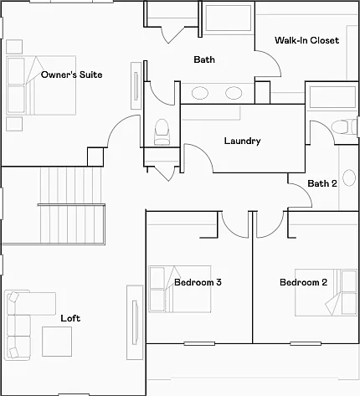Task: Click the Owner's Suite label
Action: [x=71, y=75]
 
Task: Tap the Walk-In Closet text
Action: [x=306, y=40]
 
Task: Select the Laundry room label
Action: [x=242, y=141]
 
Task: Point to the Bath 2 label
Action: [x=322, y=183]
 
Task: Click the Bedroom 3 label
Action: [x=198, y=282]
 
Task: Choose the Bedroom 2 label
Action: [x=303, y=282]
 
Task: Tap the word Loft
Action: [x=70, y=318]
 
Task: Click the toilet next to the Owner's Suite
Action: [x=162, y=132]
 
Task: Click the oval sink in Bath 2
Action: [x=349, y=177]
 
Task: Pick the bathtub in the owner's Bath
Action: [x=228, y=18]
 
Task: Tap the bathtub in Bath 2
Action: [x=332, y=97]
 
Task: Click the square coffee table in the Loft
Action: [x=57, y=342]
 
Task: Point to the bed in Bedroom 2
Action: [x=326, y=292]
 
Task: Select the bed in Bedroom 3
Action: [x=180, y=289]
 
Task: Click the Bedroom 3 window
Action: [x=199, y=343]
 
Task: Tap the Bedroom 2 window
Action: [x=306, y=343]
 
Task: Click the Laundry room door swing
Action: [x=204, y=153]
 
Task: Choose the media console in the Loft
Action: [x=135, y=322]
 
